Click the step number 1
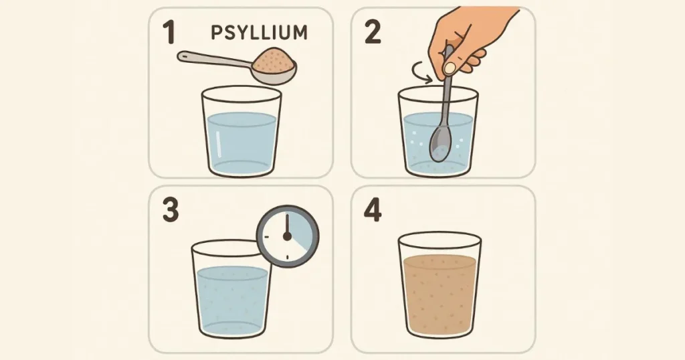click(170, 33)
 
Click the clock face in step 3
click(288, 236)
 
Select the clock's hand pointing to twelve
click(288, 226)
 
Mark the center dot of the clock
click(288, 237)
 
